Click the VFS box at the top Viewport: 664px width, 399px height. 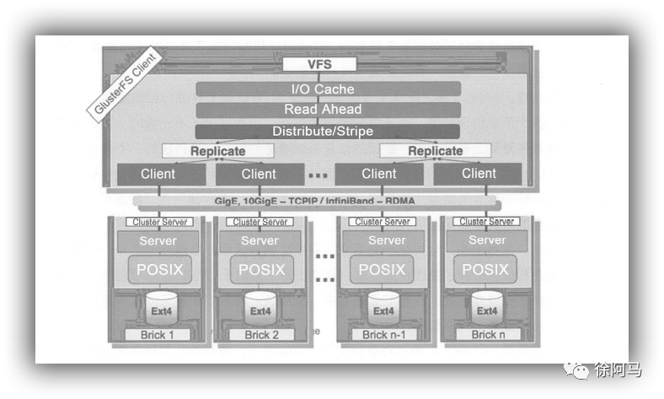(x=319, y=64)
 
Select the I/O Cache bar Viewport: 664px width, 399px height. (x=328, y=89)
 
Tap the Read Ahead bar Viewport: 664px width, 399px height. (x=328, y=110)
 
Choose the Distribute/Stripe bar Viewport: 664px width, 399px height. (x=328, y=132)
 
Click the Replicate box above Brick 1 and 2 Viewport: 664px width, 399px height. (x=217, y=151)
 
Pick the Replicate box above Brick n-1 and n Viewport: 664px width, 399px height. (x=436, y=151)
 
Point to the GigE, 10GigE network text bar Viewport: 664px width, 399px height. (x=319, y=201)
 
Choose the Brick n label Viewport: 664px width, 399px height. (x=485, y=335)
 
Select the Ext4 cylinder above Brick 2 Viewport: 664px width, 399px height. (x=260, y=309)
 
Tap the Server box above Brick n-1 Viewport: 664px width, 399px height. (x=387, y=240)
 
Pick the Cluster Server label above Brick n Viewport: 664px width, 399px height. (x=486, y=222)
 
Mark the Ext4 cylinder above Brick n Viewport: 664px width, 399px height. (x=487, y=309)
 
